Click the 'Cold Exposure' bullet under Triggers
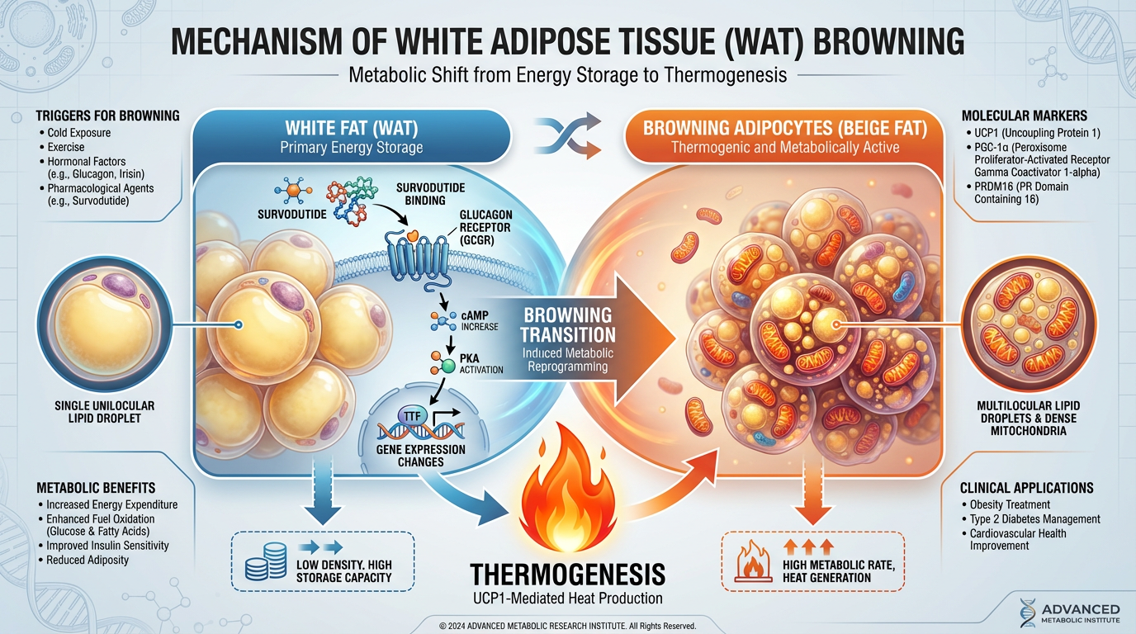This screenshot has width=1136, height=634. tap(78, 133)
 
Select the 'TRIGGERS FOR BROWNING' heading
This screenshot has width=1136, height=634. tap(107, 116)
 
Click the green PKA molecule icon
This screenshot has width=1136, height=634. tap(447, 365)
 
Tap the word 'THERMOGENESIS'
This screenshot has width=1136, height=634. tap(567, 575)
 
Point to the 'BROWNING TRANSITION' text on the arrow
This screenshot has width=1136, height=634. tap(569, 325)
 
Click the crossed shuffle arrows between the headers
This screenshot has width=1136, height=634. tap(566, 136)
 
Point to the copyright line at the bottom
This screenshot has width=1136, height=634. tap(567, 626)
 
